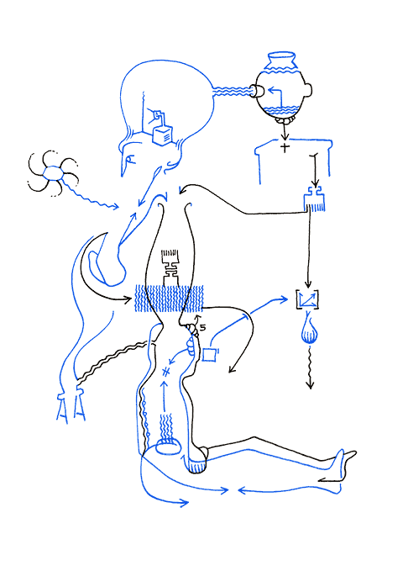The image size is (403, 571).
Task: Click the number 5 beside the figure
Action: (x=202, y=328)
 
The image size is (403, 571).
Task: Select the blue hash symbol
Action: (x=166, y=370)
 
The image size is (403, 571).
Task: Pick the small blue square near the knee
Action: (x=209, y=355)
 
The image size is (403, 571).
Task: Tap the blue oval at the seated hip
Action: (x=168, y=448)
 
